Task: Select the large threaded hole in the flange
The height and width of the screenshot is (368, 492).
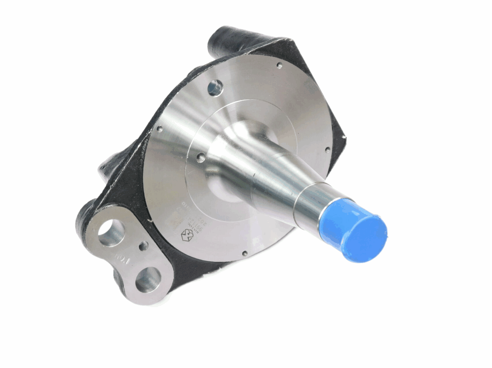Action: point(215,87)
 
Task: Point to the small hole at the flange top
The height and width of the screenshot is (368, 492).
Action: point(279,65)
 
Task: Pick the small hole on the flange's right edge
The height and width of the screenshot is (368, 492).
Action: point(327,150)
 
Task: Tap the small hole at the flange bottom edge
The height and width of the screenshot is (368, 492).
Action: point(245,254)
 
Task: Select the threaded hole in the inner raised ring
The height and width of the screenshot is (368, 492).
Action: point(201,157)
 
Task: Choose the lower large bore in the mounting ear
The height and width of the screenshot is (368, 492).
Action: point(148,279)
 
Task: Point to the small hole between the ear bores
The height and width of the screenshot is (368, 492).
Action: point(143,246)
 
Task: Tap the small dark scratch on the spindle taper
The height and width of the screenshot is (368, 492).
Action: point(254,175)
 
